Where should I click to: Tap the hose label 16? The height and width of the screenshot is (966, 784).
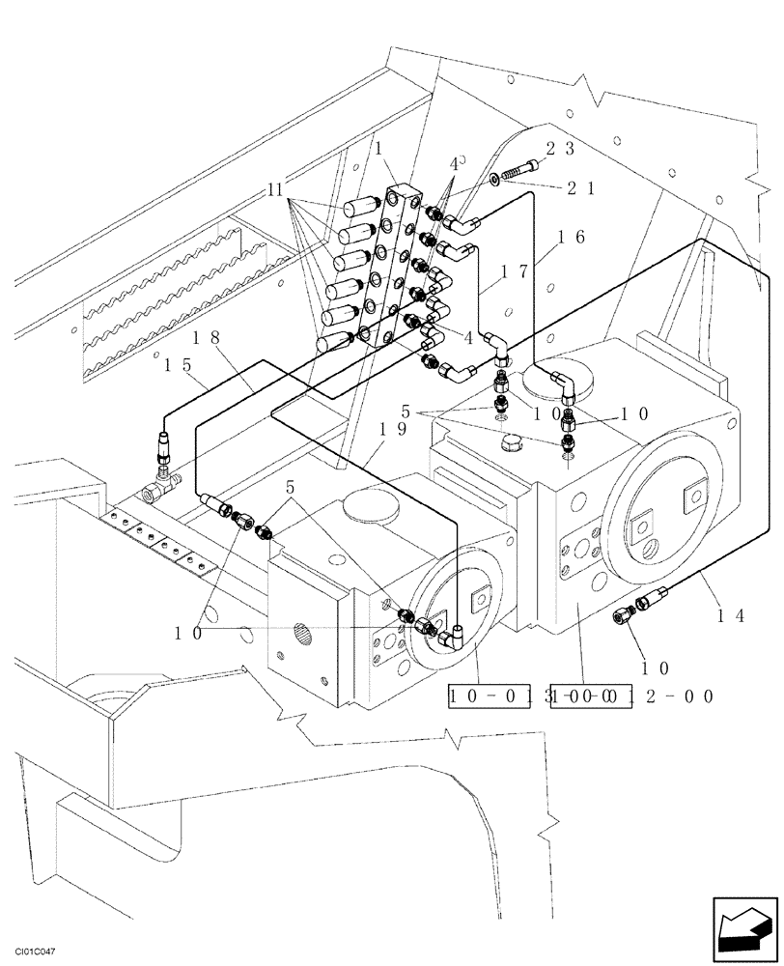point(572,236)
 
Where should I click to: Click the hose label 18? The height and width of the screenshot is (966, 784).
point(207,337)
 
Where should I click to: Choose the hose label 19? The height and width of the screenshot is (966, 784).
point(392,428)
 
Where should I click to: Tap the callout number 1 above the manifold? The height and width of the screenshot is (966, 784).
point(379,149)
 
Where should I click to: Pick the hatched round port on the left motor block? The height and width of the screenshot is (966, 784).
point(302,635)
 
